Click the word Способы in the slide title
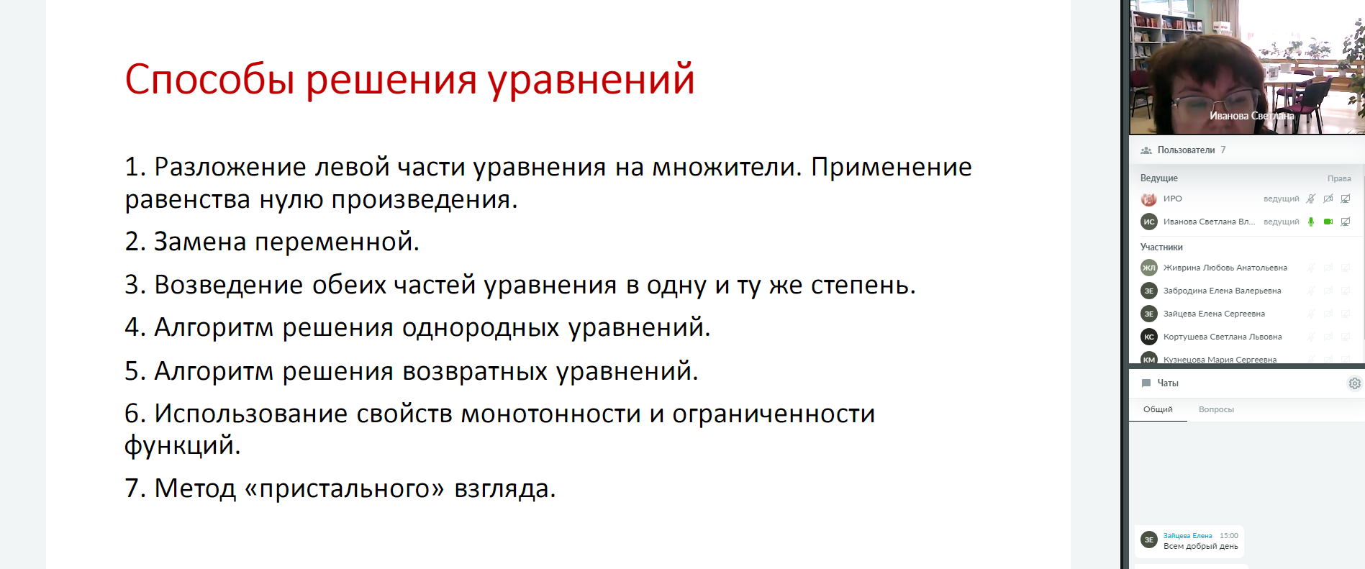[210, 79]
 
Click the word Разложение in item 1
[230, 168]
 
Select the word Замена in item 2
[201, 242]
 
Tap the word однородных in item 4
[481, 328]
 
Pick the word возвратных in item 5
[475, 372]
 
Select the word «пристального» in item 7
[345, 489]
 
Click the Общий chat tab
[1158, 409]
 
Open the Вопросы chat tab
[1216, 409]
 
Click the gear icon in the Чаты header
[1354, 383]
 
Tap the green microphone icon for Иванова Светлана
[1311, 222]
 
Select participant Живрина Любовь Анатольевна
[1225, 268]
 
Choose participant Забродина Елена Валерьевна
[1222, 291]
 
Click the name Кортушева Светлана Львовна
[1223, 337]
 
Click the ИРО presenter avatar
[1149, 199]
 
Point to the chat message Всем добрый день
[1200, 546]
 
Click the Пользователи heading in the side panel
[1186, 150]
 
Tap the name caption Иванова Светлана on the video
[1251, 116]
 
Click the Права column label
[1339, 178]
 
